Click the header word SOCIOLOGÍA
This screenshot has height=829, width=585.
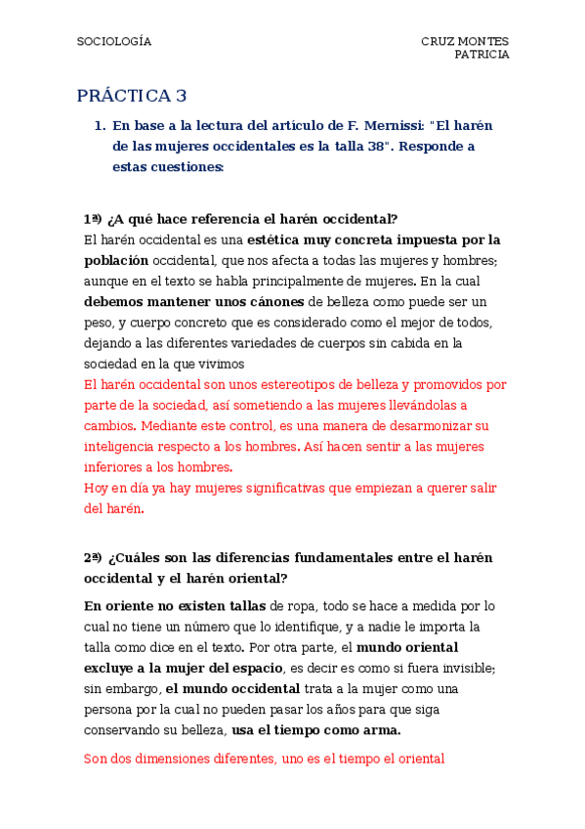[114, 42]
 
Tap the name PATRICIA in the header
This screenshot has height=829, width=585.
[481, 55]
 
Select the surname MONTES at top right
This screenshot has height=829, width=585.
[484, 42]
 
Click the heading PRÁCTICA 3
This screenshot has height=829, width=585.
[132, 96]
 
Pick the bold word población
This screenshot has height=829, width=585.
[116, 260]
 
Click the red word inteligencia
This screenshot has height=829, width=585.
[120, 447]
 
